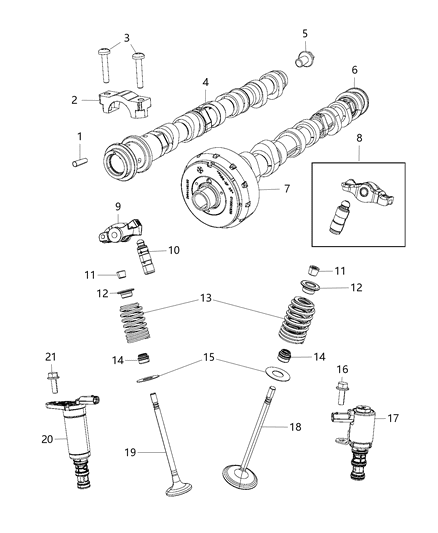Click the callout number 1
(x=81, y=136)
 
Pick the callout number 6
(x=354, y=70)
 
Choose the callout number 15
(x=208, y=356)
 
